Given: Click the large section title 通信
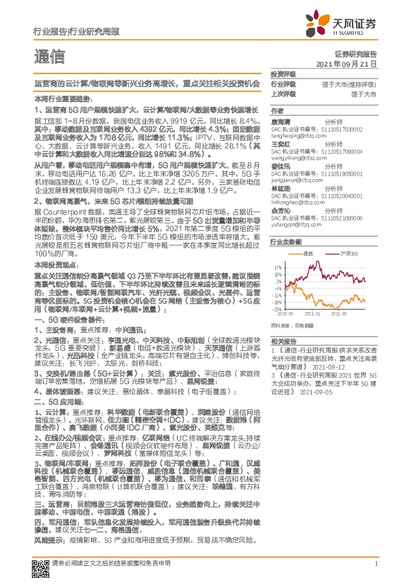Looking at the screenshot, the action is (49, 56).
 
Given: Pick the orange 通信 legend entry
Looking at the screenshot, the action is (308, 254).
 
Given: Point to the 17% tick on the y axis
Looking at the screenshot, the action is (278, 266).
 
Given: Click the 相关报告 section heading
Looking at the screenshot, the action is (283, 342).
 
